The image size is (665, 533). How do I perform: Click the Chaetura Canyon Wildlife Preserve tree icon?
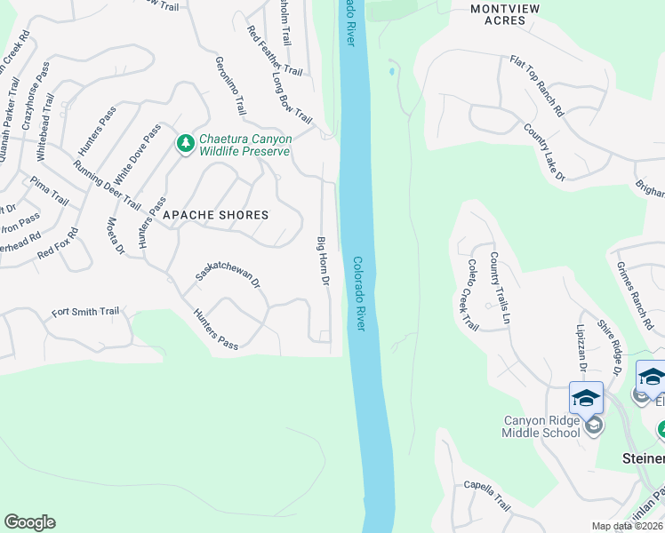(185, 143)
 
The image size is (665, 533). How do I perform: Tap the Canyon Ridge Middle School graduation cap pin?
(586, 397)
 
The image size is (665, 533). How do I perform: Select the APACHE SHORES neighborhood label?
(215, 215)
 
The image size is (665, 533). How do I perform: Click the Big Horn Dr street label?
(324, 261)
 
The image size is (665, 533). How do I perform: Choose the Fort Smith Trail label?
(85, 312)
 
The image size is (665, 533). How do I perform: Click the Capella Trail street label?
(486, 496)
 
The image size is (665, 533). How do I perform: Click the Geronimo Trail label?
(230, 86)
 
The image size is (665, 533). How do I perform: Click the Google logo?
(29, 522)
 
